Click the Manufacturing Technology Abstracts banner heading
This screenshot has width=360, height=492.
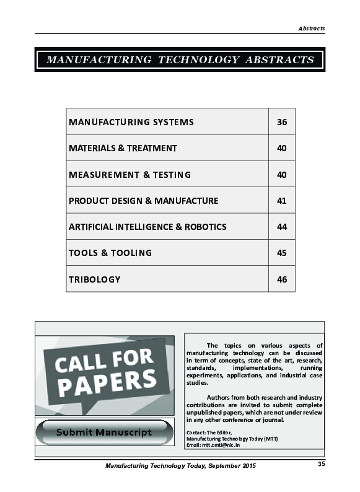click(180, 60)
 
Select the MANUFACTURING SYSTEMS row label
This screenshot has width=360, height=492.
click(131, 122)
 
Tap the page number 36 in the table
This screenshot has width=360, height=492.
click(282, 122)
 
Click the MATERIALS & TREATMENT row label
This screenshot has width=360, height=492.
click(123, 148)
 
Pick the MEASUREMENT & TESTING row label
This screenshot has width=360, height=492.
click(130, 175)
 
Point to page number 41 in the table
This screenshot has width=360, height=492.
click(282, 201)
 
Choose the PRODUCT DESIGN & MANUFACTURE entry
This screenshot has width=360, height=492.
click(143, 201)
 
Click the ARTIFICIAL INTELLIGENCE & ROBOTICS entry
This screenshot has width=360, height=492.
click(147, 227)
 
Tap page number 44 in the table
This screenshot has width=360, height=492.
click(282, 227)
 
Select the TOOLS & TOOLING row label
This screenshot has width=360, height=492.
click(110, 253)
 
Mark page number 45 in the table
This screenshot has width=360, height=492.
click(282, 253)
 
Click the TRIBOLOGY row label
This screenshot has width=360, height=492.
click(94, 279)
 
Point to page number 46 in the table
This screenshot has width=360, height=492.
click(282, 279)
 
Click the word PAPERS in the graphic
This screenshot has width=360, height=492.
click(107, 382)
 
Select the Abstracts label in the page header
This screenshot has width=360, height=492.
click(311, 29)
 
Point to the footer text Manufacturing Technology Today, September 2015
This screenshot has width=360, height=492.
click(180, 465)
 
